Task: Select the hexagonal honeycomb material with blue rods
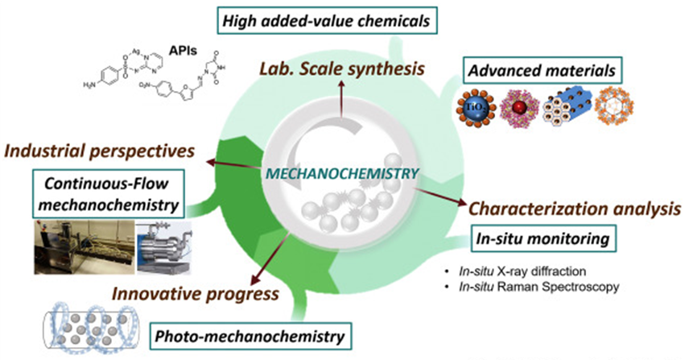[x=589, y=113]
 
